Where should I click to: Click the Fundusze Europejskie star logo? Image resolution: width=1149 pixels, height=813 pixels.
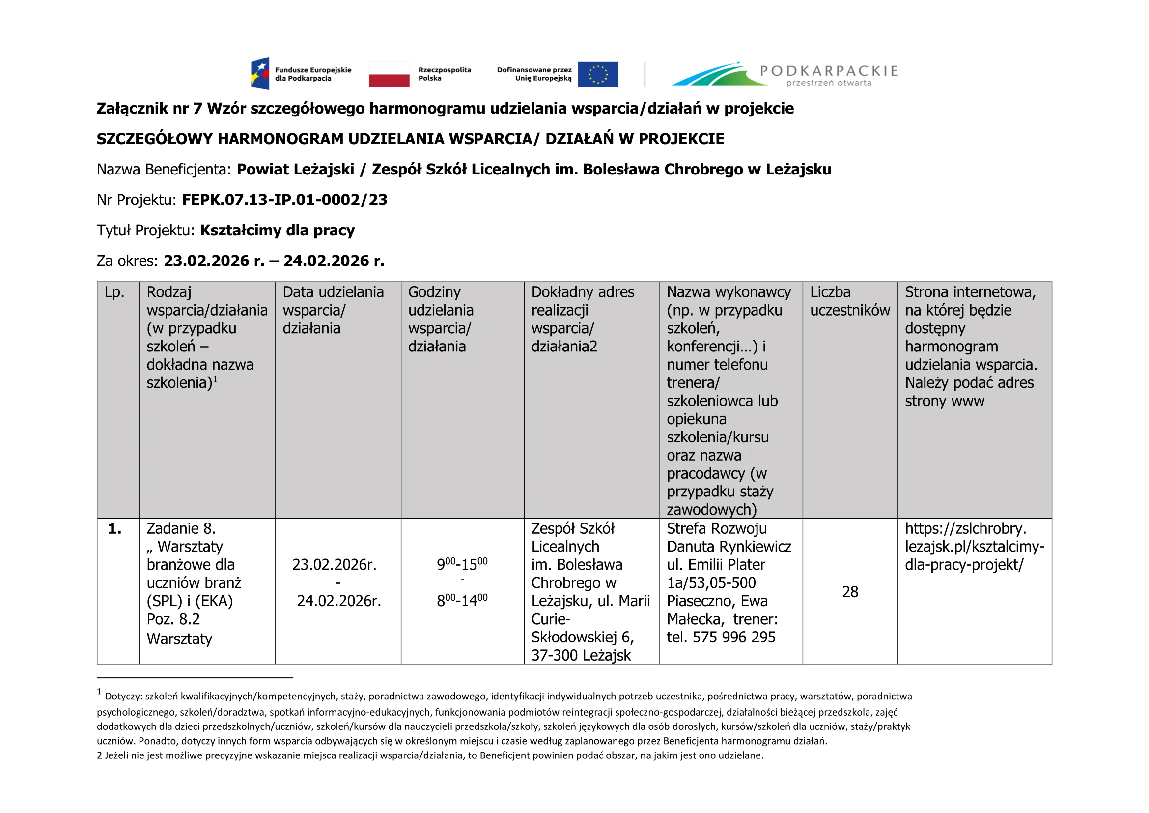pyautogui.click(x=260, y=74)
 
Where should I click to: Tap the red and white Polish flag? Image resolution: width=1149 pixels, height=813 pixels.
pyautogui.click(x=389, y=74)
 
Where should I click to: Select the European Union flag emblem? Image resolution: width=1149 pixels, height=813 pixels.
pyautogui.click(x=597, y=74)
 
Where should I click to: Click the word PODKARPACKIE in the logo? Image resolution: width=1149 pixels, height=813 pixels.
pyautogui.click(x=829, y=71)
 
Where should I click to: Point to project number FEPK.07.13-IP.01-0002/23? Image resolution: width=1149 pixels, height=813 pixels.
pyautogui.click(x=284, y=200)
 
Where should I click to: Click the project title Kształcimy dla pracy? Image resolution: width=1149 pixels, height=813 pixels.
pyautogui.click(x=277, y=230)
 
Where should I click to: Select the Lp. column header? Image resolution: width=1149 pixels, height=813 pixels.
pyautogui.click(x=114, y=292)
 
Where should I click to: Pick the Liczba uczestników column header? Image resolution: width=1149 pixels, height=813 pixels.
pyautogui.click(x=850, y=301)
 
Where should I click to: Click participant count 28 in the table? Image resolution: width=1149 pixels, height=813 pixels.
pyautogui.click(x=850, y=592)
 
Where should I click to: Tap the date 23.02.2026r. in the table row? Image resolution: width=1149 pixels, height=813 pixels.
pyautogui.click(x=335, y=565)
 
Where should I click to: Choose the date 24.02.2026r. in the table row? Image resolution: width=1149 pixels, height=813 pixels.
pyautogui.click(x=339, y=601)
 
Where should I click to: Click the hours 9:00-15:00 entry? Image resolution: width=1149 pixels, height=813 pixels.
pyautogui.click(x=462, y=564)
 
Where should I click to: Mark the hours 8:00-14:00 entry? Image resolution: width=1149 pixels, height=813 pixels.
pyautogui.click(x=462, y=600)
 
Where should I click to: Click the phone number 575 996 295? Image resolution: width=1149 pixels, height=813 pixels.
pyautogui.click(x=733, y=638)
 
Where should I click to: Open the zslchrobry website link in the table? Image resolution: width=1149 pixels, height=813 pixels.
pyautogui.click(x=974, y=547)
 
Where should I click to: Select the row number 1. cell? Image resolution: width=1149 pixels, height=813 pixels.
pyautogui.click(x=114, y=529)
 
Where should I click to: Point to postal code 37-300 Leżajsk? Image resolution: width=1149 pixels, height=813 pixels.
pyautogui.click(x=581, y=655)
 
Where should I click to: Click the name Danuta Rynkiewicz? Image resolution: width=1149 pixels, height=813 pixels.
pyautogui.click(x=729, y=547)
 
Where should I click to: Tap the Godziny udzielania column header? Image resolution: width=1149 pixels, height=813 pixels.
pyautogui.click(x=440, y=319)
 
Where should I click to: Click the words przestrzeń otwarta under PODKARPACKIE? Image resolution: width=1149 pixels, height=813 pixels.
pyautogui.click(x=829, y=83)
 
